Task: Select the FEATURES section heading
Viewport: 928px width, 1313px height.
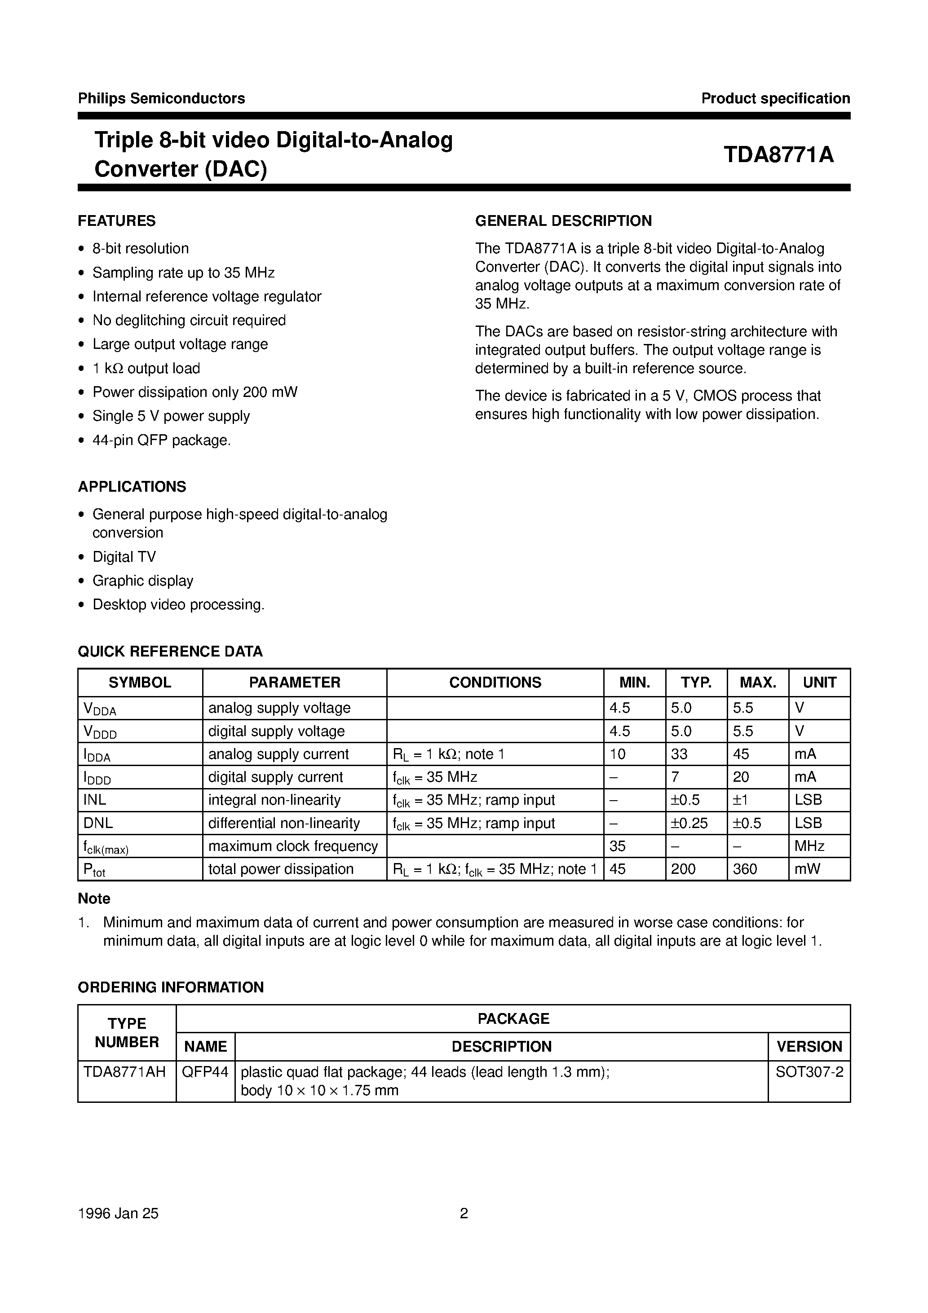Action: [117, 221]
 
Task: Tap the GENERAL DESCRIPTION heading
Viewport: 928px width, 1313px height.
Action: [563, 221]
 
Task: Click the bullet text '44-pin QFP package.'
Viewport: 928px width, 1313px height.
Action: [161, 441]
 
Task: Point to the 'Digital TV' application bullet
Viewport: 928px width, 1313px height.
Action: [124, 556]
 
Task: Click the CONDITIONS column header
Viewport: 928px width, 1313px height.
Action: [495, 682]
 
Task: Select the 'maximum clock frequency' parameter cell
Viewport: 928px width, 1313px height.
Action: [293, 846]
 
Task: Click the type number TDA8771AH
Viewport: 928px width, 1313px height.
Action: [125, 1072]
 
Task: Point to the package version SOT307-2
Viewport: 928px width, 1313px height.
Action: [809, 1072]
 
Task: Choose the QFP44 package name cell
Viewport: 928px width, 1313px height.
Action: [205, 1072]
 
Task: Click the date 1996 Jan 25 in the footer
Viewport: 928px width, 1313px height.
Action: [119, 1213]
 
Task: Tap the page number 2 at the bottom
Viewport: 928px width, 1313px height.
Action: [464, 1213]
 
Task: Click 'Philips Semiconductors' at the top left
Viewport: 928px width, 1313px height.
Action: [161, 98]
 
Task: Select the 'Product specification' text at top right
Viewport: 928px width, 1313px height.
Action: [775, 98]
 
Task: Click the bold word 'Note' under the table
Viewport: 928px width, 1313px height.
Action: [94, 899]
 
